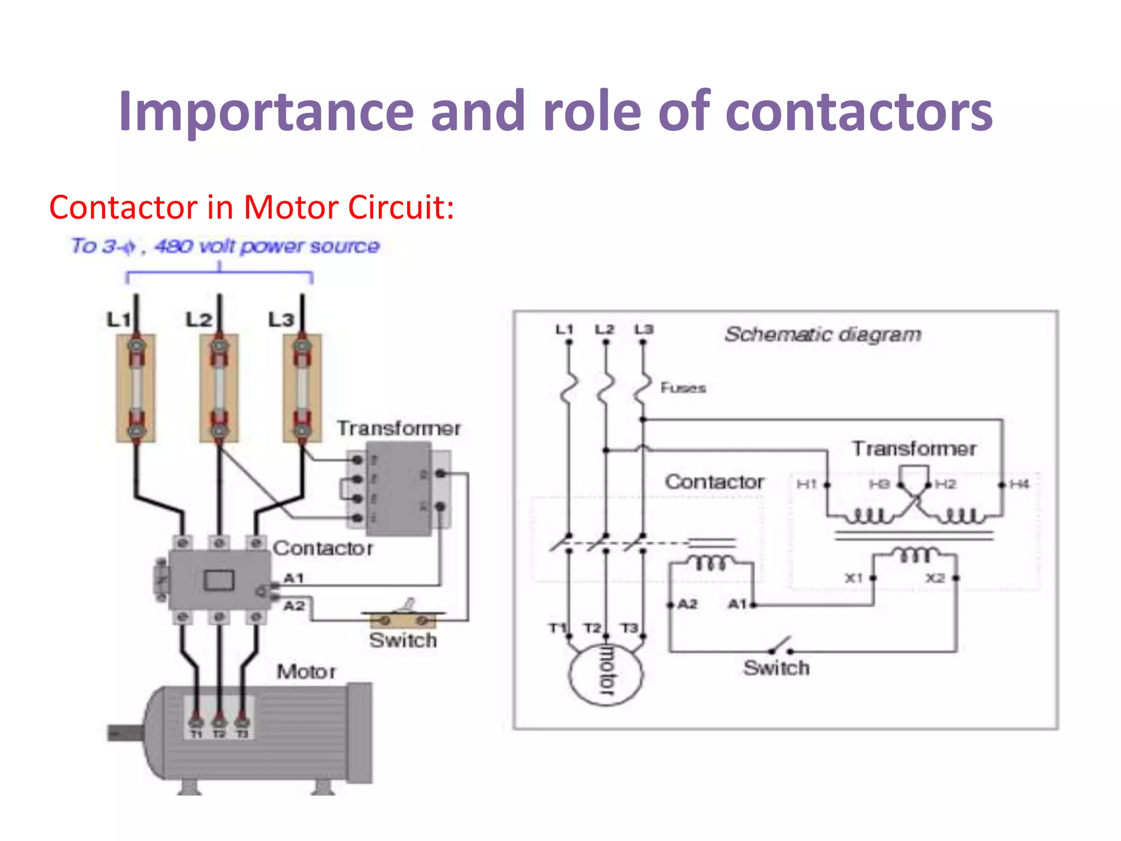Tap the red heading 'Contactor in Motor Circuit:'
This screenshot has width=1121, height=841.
coord(251,208)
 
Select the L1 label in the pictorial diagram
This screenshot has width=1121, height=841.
coord(118,319)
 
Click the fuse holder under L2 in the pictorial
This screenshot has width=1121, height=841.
coord(219,388)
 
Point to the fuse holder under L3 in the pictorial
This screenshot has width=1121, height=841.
coord(302,388)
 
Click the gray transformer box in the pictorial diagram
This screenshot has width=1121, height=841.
coord(398,489)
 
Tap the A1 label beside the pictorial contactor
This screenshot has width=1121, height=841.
coord(294,578)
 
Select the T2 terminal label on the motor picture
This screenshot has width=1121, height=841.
coord(219,734)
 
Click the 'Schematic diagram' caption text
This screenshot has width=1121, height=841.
coord(823,334)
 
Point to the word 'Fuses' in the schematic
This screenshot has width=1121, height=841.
coord(683,388)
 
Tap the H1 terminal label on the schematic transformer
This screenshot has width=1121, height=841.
coord(807,484)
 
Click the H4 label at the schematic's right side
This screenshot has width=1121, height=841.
coord(1019,484)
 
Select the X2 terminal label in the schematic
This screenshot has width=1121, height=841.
coord(935,578)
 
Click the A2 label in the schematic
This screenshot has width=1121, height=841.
coord(687,604)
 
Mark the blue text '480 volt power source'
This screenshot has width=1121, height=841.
coord(267,246)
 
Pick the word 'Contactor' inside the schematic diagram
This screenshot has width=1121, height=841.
coord(714,482)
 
